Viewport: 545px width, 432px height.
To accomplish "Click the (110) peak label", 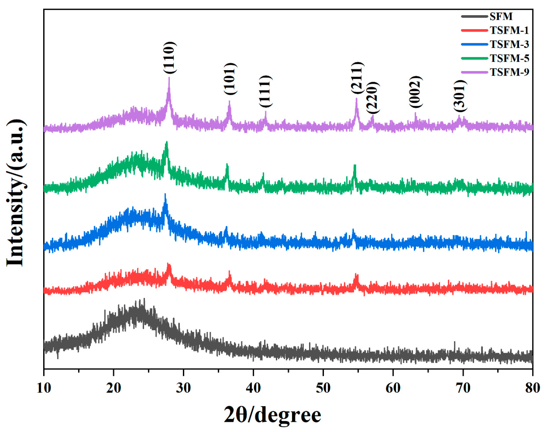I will point(169,58).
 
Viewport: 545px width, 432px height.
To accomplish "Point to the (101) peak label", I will point(230,79).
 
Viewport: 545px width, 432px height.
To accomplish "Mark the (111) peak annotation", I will point(265,91).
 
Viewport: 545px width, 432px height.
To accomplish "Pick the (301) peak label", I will point(459,96).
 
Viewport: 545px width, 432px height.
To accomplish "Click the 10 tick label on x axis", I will point(44,388).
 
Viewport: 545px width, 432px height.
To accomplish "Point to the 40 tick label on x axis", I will point(253,388).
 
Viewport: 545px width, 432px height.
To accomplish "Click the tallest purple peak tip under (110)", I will point(169,78).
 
